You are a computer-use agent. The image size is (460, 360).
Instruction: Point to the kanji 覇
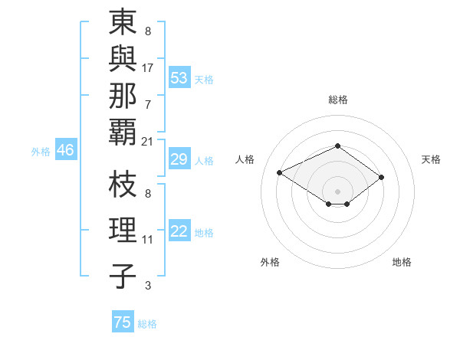pyautogui.click(x=123, y=131)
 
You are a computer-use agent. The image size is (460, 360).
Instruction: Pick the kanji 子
pyautogui.click(x=123, y=276)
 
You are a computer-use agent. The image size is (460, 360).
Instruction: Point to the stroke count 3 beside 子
pyautogui.click(x=147, y=286)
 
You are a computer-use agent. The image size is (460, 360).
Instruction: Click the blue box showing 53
pyautogui.click(x=179, y=78)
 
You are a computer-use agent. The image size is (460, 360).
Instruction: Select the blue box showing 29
pyautogui.click(x=179, y=159)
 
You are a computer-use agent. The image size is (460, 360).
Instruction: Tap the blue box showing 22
pyautogui.click(x=179, y=232)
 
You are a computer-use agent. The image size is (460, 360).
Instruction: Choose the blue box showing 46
pyautogui.click(x=65, y=151)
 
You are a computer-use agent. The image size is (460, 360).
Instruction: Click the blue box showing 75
pyautogui.click(x=123, y=322)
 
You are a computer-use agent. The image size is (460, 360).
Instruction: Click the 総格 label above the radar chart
pyautogui.click(x=337, y=100)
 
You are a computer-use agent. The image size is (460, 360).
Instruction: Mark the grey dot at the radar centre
pyautogui.click(x=337, y=190)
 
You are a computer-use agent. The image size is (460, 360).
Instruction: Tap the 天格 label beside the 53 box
pyautogui.click(x=204, y=80)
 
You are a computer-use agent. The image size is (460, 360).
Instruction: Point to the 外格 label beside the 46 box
pyautogui.click(x=41, y=152)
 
